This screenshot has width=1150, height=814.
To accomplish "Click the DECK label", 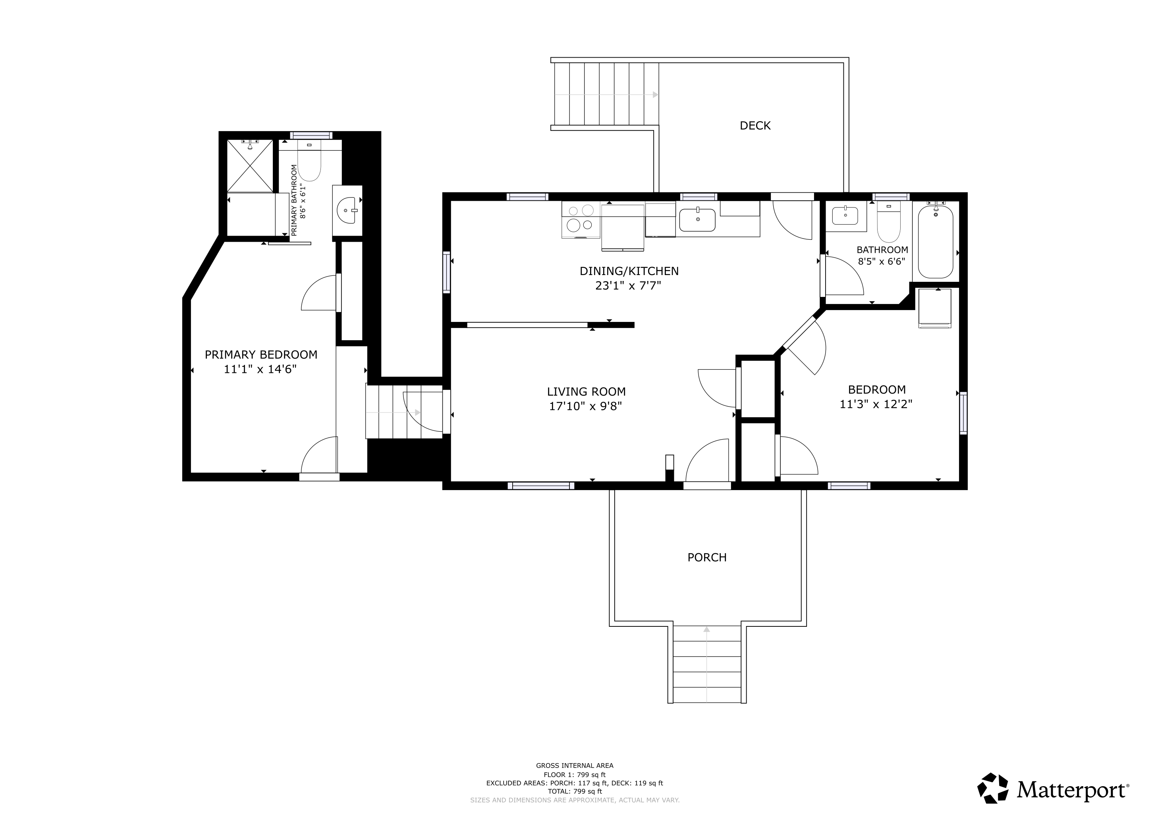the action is [755, 126].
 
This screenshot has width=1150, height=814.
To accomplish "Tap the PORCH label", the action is [707, 557].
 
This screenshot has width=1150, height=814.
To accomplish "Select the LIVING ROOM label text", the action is [586, 391].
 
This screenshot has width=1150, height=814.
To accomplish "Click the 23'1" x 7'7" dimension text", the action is [628, 286].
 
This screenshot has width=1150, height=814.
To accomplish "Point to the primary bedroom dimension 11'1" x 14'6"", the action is [260, 369].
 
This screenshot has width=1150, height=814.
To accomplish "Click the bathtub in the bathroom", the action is [936, 242].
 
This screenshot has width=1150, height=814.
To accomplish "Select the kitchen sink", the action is [697, 220].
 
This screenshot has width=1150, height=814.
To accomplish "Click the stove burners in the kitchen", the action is [581, 219].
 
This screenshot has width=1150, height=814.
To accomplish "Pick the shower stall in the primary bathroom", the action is [250, 166].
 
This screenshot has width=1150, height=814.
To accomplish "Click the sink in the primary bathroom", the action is [347, 211].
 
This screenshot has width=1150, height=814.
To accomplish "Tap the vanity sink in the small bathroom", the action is [845, 215].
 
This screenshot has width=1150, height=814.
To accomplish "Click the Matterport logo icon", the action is [993, 788].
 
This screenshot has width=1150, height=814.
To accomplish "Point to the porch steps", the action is [707, 664].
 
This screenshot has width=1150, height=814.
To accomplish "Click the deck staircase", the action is [606, 94].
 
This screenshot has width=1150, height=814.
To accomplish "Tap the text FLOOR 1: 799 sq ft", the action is [575, 774].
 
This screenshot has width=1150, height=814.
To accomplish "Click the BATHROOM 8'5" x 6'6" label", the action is [882, 255].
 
